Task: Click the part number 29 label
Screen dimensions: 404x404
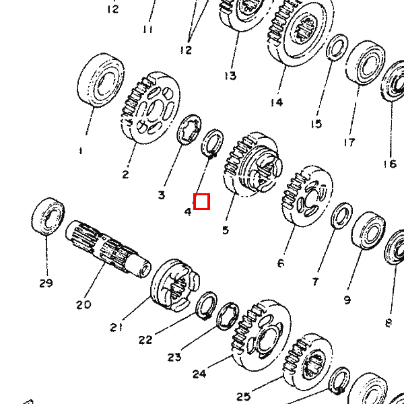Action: click(x=46, y=283)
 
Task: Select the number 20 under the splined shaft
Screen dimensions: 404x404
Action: click(x=83, y=305)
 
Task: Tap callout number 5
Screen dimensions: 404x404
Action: click(x=226, y=230)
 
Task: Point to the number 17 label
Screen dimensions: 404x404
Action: click(x=349, y=142)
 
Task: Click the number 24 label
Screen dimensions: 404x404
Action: click(x=200, y=373)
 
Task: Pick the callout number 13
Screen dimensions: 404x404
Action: click(x=230, y=76)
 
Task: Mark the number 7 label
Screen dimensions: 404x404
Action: click(x=315, y=282)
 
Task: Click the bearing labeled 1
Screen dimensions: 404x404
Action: click(x=100, y=80)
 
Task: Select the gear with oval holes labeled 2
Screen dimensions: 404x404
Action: click(x=150, y=108)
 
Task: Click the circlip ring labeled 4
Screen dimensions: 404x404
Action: click(x=212, y=143)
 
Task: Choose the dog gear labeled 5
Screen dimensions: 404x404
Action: click(x=252, y=164)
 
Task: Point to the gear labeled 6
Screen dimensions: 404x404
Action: click(x=307, y=197)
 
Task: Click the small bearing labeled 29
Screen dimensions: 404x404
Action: click(x=48, y=216)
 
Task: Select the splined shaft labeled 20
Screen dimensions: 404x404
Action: click(x=108, y=249)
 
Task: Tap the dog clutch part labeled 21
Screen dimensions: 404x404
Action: click(x=175, y=285)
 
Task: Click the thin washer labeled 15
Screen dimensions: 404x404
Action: click(x=337, y=47)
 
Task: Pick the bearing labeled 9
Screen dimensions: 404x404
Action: click(x=368, y=230)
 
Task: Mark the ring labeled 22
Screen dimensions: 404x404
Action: click(x=207, y=306)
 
